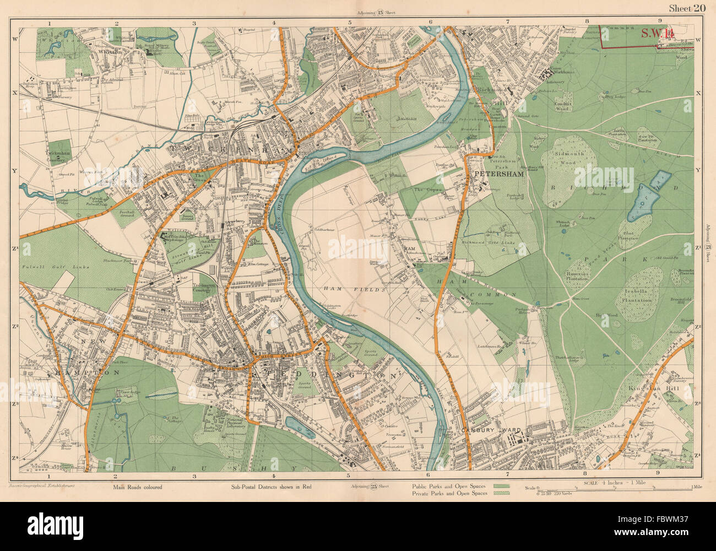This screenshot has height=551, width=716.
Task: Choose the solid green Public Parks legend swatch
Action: pos(501,487)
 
